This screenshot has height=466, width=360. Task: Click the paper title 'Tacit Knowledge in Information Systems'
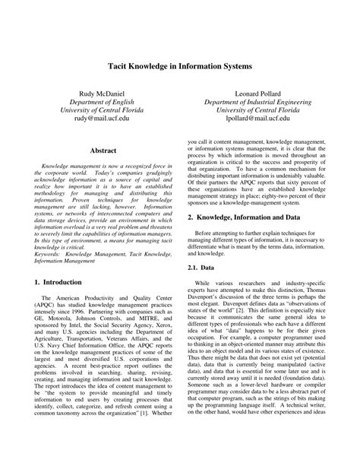(179, 67)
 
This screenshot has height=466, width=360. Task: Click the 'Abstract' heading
(103, 151)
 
